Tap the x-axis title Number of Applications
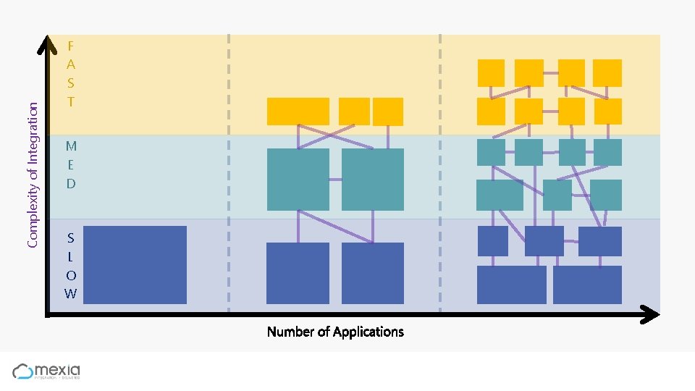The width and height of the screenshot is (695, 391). [335, 332]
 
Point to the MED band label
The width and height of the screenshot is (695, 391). [71, 164]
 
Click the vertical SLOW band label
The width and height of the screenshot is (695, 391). [70, 266]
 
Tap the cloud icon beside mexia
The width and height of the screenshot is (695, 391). [23, 371]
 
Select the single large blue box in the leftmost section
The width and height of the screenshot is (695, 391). [135, 264]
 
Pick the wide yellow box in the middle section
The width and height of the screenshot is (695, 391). [298, 112]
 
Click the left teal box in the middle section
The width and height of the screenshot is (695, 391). [298, 180]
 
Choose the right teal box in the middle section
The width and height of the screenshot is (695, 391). [372, 180]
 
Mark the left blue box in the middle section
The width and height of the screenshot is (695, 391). [298, 273]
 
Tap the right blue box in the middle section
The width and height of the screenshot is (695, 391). [372, 273]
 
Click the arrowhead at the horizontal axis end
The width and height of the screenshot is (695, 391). [651, 314]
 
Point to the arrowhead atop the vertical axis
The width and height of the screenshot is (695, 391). [48, 45]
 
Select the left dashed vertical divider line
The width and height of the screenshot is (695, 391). [229, 174]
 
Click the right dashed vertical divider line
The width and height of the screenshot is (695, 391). [440, 174]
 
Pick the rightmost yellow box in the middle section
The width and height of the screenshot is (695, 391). [388, 112]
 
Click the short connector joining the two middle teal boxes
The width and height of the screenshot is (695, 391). [335, 179]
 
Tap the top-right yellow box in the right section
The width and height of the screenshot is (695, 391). [607, 73]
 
